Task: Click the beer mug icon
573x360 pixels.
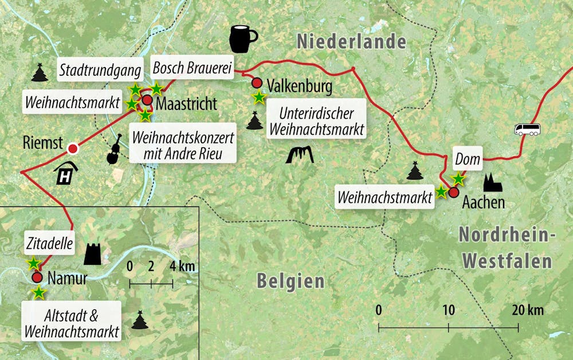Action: click(243, 38)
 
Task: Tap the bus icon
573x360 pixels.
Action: click(527, 130)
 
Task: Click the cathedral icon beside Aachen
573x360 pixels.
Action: click(492, 183)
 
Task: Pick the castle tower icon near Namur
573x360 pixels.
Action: click(92, 253)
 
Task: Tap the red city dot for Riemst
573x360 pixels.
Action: click(73, 149)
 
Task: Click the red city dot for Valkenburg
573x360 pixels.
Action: click(257, 83)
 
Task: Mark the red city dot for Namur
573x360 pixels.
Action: click(37, 278)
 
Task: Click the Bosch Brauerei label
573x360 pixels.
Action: click(191, 69)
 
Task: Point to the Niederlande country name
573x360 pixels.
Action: click(351, 42)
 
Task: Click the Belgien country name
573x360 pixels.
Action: click(290, 281)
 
